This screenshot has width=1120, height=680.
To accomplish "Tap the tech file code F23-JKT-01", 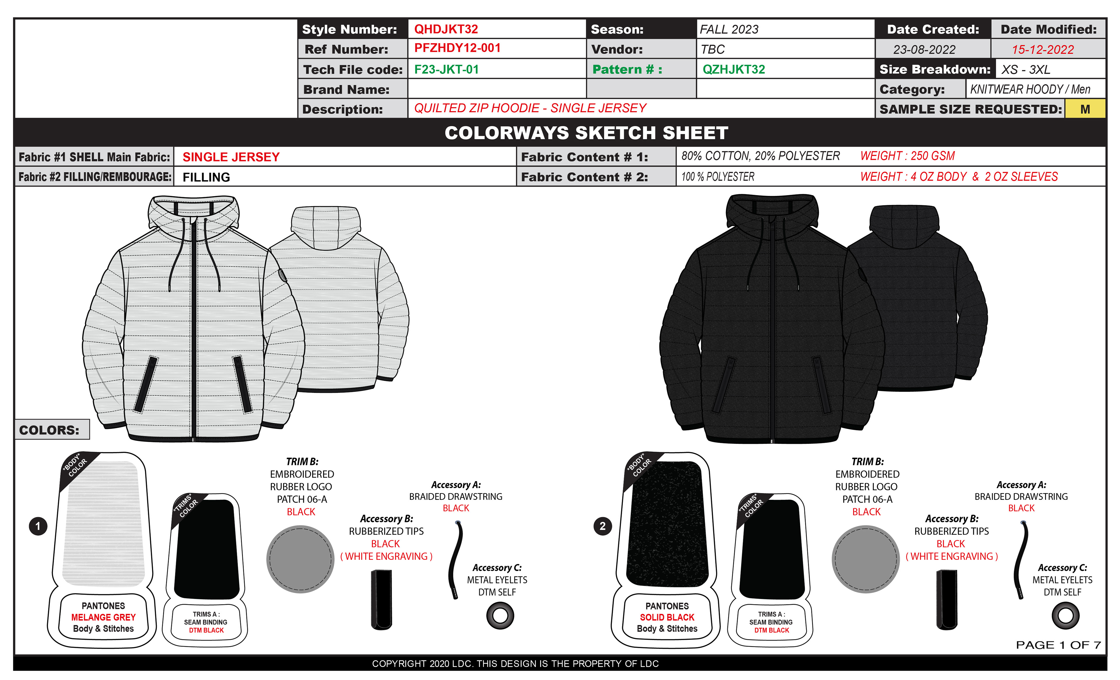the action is pyautogui.click(x=446, y=69).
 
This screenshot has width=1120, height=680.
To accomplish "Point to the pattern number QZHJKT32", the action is pyautogui.click(x=733, y=69).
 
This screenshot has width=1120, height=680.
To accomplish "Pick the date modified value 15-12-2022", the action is pyautogui.click(x=1042, y=50).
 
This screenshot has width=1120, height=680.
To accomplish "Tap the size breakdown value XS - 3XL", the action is pyautogui.click(x=1025, y=69).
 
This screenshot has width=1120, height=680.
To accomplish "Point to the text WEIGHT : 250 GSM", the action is pyautogui.click(x=907, y=156).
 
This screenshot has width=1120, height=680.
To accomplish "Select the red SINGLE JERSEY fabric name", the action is pyautogui.click(x=231, y=157).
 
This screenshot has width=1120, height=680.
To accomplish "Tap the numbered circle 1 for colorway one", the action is pyautogui.click(x=38, y=526).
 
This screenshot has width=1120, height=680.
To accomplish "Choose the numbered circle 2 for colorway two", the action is pyautogui.click(x=602, y=526).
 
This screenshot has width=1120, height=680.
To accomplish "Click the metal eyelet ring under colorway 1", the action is pyautogui.click(x=500, y=616).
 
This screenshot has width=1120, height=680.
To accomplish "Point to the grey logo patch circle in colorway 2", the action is pyautogui.click(x=865, y=559).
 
